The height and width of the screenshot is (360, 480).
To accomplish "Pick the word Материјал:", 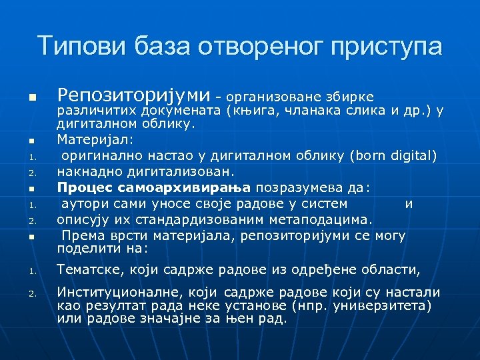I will coord(86,140).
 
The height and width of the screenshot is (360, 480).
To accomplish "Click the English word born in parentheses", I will coord(373,156).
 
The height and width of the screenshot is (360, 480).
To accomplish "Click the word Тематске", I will coord(87,269).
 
